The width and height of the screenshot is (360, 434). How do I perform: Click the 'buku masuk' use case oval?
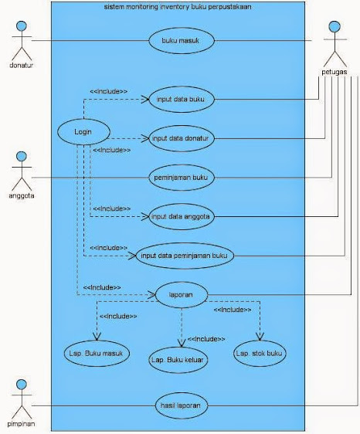182,41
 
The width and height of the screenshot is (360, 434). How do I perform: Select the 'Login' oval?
83,132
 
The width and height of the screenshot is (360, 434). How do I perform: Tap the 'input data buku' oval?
182,99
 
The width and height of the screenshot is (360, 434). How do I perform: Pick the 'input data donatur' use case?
182,138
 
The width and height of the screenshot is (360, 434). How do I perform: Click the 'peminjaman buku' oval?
182,178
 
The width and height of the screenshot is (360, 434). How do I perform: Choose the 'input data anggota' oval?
182,216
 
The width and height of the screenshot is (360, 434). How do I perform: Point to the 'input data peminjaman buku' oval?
185,256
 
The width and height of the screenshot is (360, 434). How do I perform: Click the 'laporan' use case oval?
182,295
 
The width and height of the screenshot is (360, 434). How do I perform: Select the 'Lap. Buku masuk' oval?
97,354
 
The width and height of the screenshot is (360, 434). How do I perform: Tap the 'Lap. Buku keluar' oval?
178,360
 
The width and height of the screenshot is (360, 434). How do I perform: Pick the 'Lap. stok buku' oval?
260,354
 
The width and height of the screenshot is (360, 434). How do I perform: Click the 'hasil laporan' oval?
182,405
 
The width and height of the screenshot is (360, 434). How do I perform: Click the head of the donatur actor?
22,26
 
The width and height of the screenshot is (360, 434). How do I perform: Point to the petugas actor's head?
335,26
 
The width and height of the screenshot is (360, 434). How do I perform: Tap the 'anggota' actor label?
22,195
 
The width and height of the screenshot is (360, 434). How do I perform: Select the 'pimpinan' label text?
21,424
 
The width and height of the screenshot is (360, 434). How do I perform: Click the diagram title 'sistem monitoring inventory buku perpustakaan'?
178,7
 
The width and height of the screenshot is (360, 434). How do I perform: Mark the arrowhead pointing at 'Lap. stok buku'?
260,337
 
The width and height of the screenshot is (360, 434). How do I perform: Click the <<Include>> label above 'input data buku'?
109,91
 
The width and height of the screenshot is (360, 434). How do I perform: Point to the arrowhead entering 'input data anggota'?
145,216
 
